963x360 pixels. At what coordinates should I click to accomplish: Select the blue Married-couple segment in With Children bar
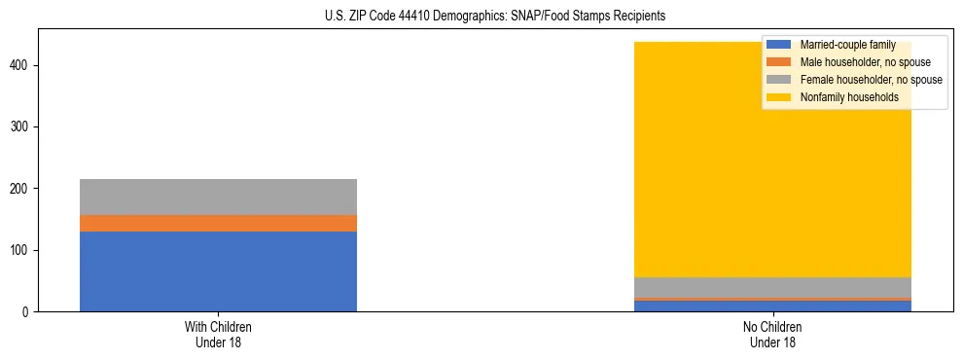[218, 271]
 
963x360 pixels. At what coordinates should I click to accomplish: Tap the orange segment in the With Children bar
[218, 223]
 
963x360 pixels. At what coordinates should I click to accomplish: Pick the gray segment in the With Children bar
[218, 197]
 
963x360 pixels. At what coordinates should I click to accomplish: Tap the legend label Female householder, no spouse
[871, 80]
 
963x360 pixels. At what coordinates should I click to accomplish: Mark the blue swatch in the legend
[779, 45]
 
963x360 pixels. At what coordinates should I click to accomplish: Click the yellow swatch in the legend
[779, 97]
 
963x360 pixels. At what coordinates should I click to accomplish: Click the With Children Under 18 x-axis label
[218, 334]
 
